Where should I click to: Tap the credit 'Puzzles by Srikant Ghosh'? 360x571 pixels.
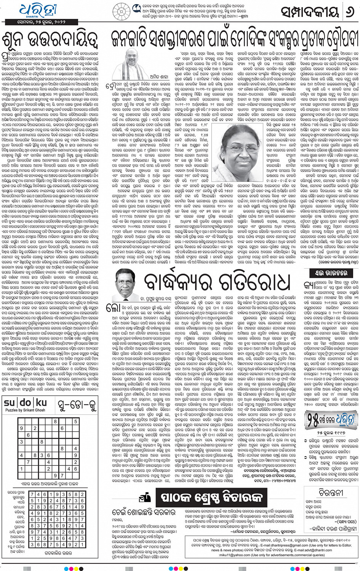coord(25,410)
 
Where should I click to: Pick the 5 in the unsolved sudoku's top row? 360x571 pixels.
coord(75,422)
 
